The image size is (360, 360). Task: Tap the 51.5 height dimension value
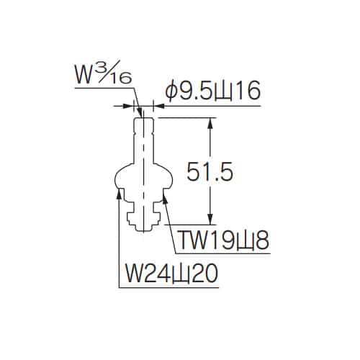(210, 171)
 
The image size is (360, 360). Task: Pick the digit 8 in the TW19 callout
(262, 240)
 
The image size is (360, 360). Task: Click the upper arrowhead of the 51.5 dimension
(210, 123)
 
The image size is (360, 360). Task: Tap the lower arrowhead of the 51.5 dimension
(210, 219)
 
